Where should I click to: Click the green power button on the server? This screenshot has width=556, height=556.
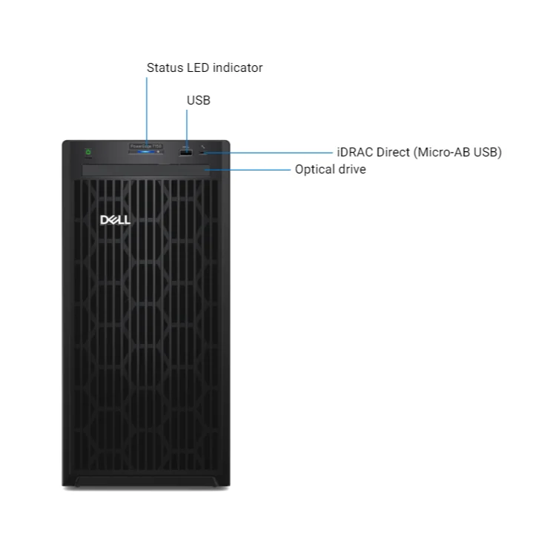[88, 153]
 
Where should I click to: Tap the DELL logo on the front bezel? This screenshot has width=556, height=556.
[115, 220]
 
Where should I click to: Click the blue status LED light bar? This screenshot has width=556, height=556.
[146, 153]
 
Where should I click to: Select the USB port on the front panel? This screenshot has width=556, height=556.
[186, 153]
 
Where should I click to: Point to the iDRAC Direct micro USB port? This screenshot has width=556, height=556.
[204, 153]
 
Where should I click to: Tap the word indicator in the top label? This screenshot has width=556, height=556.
[237, 68]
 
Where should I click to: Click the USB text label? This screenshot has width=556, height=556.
[199, 100]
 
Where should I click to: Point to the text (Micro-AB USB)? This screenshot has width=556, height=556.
[458, 152]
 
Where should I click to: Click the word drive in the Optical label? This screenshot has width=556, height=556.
[352, 170]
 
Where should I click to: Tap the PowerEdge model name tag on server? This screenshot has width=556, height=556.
[146, 147]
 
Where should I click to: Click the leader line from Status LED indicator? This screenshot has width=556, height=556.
[147, 111]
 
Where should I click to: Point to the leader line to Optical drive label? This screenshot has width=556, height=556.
[252, 170]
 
